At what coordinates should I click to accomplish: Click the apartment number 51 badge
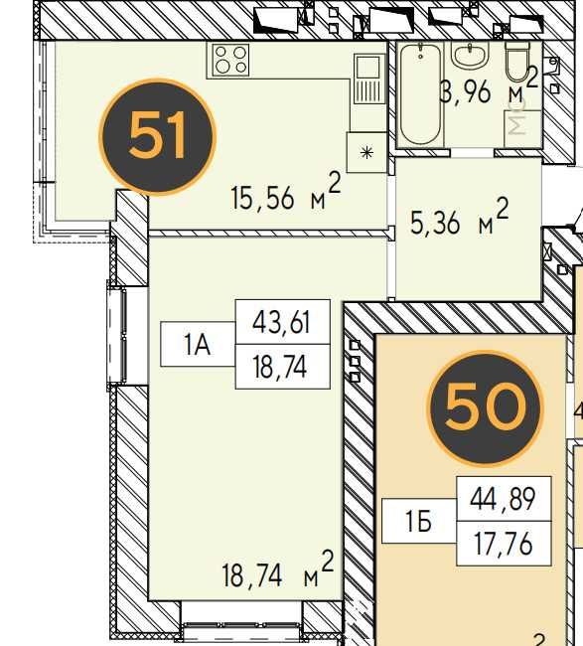pos(157,137)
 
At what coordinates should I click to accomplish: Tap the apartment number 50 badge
pos(485,408)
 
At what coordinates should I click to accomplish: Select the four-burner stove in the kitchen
pos(231,61)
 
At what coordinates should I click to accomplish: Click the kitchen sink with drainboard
pos(367,80)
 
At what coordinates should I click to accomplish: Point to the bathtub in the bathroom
pos(420,94)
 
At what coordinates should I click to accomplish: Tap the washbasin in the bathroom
pos(470,55)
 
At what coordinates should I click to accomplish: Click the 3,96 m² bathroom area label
pos(489,87)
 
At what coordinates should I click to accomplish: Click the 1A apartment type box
pos(198,345)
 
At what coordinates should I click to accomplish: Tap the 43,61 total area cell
pos(282,322)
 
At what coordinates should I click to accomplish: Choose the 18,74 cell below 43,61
pos(282,367)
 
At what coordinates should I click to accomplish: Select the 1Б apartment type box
pos(419,521)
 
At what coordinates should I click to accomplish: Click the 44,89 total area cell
pos(504,499)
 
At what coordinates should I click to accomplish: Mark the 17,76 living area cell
pos(504,543)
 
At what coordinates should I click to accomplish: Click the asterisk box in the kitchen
pos(366,152)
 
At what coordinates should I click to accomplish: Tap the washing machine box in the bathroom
pos(522,128)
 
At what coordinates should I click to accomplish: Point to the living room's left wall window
pos(117,336)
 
